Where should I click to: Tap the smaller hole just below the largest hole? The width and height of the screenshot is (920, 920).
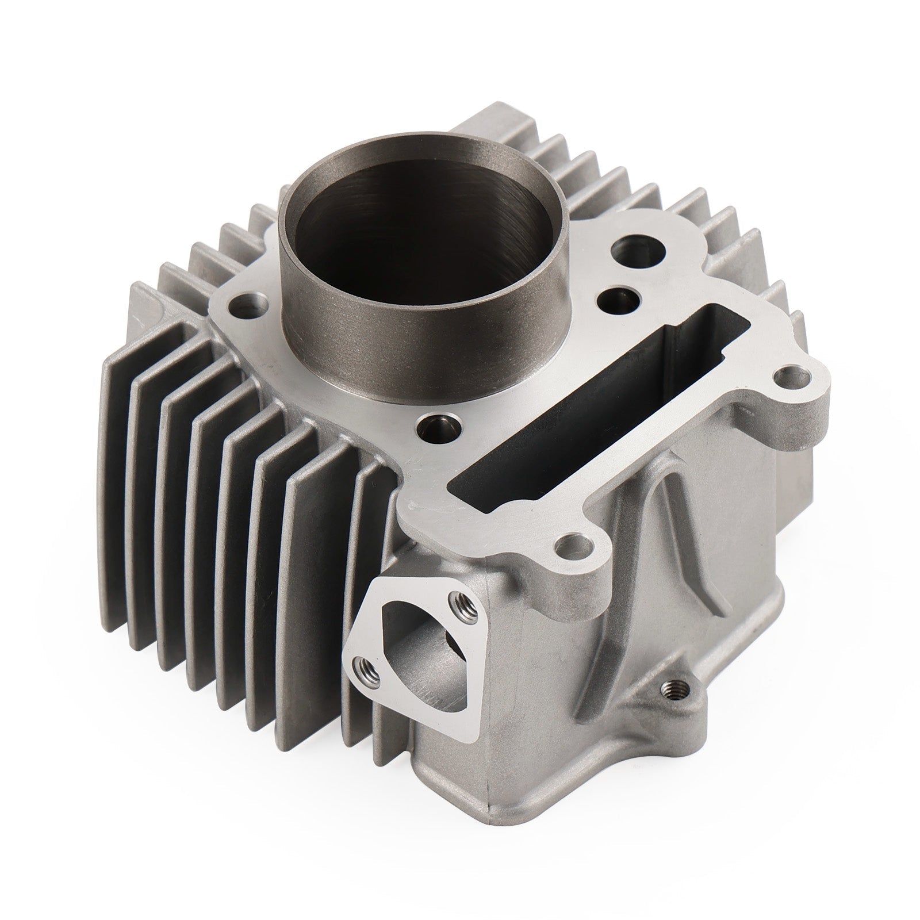(618, 299)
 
